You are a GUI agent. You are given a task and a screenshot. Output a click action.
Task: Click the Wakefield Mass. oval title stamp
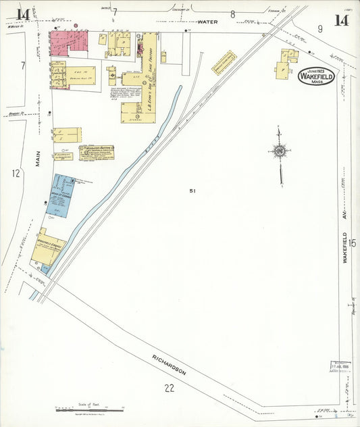point(316,76)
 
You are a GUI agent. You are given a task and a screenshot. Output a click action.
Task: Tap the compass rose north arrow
point(279,151)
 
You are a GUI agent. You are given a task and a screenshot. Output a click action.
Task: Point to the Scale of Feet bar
point(88,409)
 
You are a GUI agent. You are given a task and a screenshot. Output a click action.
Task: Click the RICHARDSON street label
point(169,363)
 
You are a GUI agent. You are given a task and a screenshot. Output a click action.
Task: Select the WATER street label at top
point(207,22)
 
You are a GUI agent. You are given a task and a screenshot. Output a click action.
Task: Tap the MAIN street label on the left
point(38,158)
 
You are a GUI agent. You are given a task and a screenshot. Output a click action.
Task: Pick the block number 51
point(192,191)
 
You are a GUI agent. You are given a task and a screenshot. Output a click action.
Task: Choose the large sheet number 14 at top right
point(341,19)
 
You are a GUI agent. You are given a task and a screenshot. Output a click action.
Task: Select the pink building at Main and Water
point(68,43)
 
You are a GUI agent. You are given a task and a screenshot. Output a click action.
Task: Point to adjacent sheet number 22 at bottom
point(169,387)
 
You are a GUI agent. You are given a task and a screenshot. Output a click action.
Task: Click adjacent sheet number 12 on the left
point(16,174)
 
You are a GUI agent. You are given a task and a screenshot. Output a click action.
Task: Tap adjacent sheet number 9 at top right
point(320,28)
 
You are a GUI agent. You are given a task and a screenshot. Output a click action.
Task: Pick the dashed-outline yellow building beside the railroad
point(224,63)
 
